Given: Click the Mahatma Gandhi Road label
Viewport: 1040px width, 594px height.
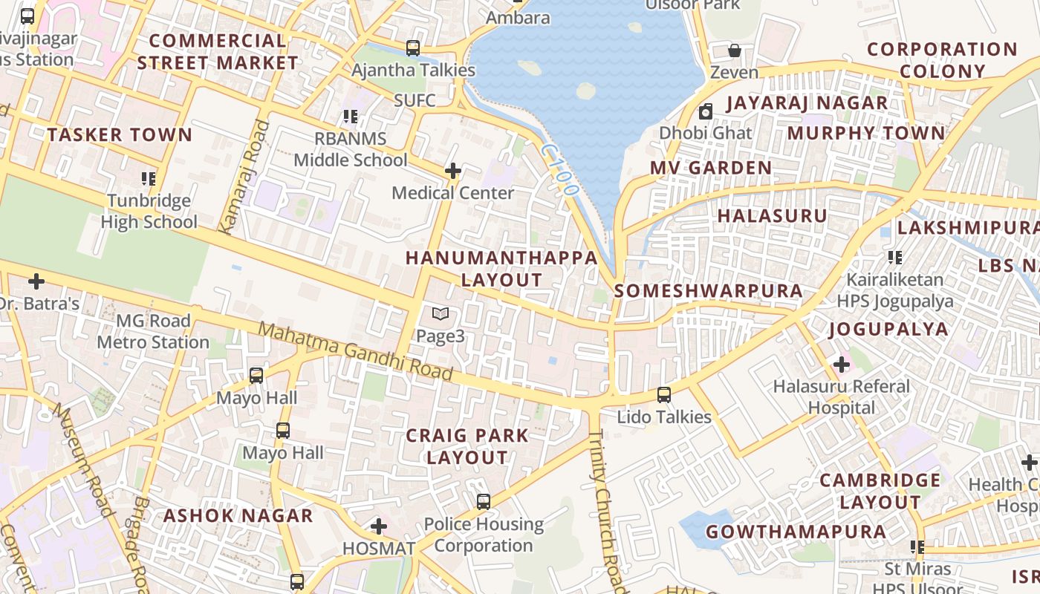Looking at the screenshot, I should [356, 352].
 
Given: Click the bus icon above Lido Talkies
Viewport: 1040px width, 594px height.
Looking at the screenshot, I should [664, 395].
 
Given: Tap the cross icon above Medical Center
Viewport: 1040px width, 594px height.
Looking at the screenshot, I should [452, 172].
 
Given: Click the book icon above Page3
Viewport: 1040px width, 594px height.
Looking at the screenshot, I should [441, 314].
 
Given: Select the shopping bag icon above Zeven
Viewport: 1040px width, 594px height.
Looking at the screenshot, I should [734, 50].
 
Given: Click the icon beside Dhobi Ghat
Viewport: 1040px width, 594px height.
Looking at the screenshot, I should [705, 112].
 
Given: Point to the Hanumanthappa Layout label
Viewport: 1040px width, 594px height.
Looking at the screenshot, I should [501, 269].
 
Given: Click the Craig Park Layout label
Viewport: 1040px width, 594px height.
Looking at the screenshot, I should [467, 446].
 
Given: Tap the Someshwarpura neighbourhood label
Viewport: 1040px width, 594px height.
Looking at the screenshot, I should [709, 291].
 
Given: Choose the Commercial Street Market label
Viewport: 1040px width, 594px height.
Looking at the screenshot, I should [218, 52].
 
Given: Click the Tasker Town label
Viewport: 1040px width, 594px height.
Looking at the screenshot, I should [120, 135].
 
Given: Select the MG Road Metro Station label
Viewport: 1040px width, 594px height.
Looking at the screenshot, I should [153, 332].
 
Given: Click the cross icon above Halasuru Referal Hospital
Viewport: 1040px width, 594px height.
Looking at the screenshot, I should [841, 365].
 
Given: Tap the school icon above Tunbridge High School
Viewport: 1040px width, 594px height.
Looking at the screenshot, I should [149, 179].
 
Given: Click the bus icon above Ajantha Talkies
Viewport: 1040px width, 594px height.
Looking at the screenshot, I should [413, 48].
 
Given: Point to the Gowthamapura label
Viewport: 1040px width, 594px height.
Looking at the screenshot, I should [796, 532].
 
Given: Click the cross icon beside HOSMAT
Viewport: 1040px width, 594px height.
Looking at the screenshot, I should [379, 527].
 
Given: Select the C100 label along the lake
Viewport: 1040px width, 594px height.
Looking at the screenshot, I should [559, 170].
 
